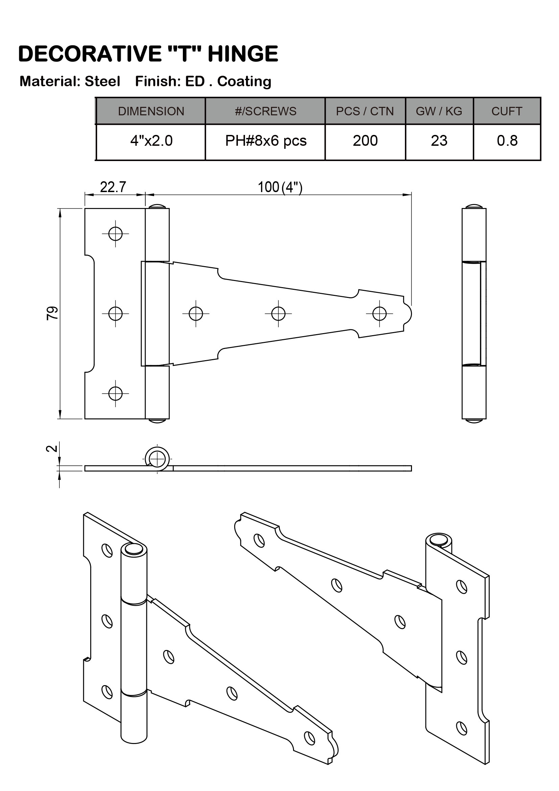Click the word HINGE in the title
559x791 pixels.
pyautogui.click(x=243, y=54)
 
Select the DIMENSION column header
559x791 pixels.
pyautogui.click(x=151, y=111)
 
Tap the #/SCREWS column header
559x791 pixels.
pyautogui.click(x=265, y=111)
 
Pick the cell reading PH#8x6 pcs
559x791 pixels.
pyautogui.click(x=265, y=141)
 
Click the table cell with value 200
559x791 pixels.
pyautogui.click(x=365, y=141)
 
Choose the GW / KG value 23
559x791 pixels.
pyautogui.click(x=439, y=141)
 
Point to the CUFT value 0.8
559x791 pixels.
pyautogui.click(x=507, y=141)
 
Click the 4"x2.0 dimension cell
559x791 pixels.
pyautogui.click(x=151, y=141)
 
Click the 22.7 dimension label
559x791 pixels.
pyautogui.click(x=113, y=187)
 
